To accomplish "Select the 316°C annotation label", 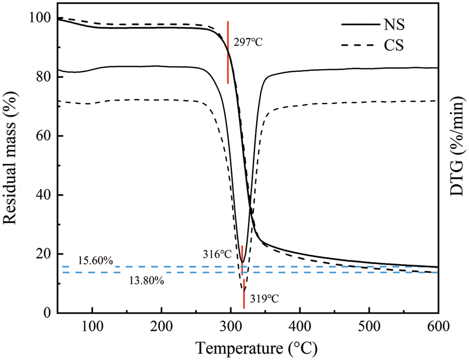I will [x=218, y=254].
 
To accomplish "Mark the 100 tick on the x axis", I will [x=92, y=324].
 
